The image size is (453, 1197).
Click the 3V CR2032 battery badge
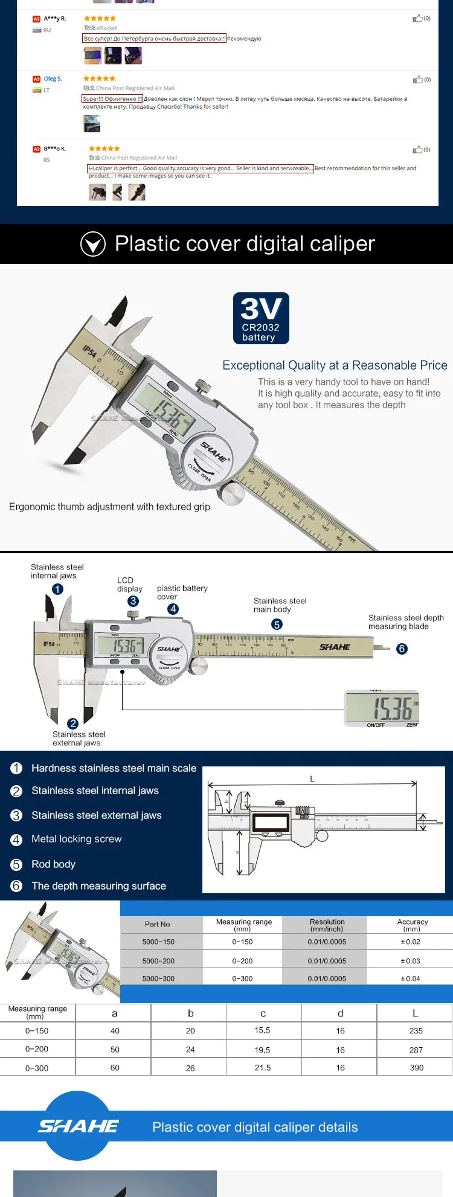[x=261, y=318]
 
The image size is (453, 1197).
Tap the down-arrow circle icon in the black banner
[x=93, y=244]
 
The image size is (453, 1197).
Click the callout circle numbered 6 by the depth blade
[x=402, y=649]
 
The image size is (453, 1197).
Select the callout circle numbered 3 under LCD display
[x=133, y=601]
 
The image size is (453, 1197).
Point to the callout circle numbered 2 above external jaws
[x=72, y=724]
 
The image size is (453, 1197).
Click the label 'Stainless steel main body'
[x=280, y=605]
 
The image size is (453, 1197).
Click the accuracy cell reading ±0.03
[x=410, y=961]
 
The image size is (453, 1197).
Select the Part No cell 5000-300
[x=158, y=978]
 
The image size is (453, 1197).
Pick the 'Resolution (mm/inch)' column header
[x=327, y=925]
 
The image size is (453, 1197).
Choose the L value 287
[x=416, y=1050]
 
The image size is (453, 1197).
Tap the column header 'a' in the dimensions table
[x=115, y=1013]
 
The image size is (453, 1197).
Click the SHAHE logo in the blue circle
[x=79, y=1126]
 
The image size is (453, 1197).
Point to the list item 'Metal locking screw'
[x=76, y=839]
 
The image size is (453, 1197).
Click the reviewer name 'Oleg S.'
[x=53, y=79]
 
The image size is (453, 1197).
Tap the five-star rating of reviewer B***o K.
[x=104, y=149]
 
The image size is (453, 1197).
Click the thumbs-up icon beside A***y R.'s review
[x=417, y=19]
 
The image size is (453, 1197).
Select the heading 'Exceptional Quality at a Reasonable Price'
[x=335, y=365]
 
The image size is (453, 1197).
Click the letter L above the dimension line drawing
[x=312, y=778]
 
